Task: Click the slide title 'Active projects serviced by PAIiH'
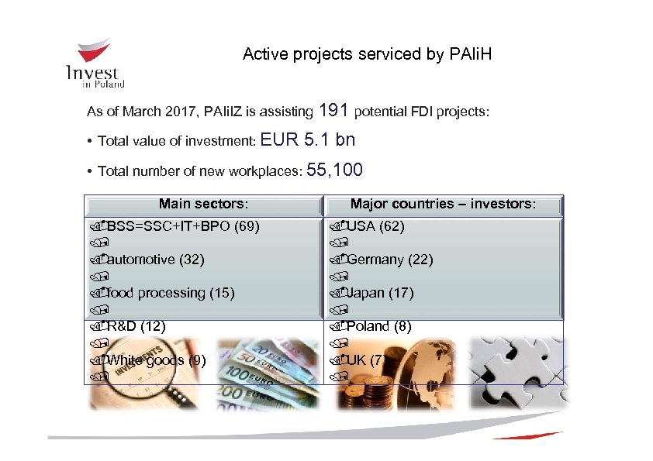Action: [x=367, y=54]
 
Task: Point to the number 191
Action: [x=333, y=111]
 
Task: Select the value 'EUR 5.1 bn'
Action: [x=308, y=140]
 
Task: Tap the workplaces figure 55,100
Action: [x=335, y=170]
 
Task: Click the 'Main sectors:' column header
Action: [x=203, y=205]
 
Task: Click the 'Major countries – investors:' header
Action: [x=443, y=205]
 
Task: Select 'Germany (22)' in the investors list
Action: [x=389, y=260]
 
